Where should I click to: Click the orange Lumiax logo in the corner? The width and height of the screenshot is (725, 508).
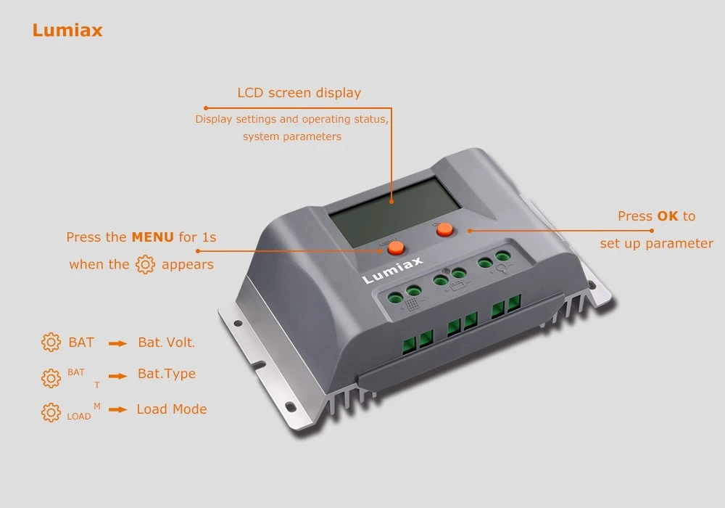(67, 30)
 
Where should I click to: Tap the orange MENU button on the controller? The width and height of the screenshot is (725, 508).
(396, 248)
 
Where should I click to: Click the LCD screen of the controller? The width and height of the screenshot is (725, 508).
(394, 211)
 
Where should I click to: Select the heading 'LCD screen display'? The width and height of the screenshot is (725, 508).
(299, 93)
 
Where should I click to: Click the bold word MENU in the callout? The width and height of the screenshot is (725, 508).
(152, 237)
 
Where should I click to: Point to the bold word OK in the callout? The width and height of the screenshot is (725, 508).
(668, 216)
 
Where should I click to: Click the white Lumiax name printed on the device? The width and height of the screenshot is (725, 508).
(392, 270)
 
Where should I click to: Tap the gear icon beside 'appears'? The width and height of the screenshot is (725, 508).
(145, 265)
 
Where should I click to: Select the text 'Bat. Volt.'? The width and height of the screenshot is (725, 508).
(167, 343)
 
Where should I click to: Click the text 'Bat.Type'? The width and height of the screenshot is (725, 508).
(167, 374)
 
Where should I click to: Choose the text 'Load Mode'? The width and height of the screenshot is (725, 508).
(172, 409)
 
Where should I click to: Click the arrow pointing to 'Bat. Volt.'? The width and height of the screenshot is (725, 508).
(118, 343)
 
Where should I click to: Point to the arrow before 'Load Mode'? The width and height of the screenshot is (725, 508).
(118, 409)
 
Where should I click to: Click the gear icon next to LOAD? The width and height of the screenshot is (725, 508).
(51, 412)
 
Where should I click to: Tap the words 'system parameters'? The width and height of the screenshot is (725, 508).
(292, 137)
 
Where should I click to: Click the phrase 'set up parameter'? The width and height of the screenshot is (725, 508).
(657, 244)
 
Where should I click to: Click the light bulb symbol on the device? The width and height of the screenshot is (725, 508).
(502, 269)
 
